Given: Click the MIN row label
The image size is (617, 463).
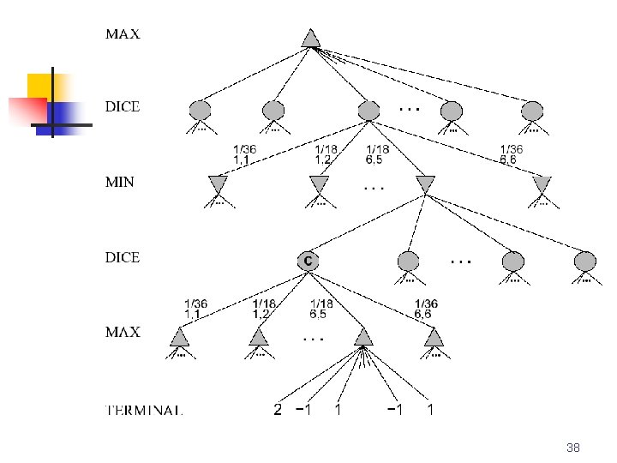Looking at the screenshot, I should click(121, 182).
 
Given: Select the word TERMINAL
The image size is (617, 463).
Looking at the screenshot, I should click(143, 410).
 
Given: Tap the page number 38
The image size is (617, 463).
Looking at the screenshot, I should click(573, 448).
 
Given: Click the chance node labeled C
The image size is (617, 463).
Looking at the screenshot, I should click(308, 260).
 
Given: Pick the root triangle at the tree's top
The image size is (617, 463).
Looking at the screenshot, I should click(310, 39).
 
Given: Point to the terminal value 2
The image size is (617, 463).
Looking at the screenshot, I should click(277, 410).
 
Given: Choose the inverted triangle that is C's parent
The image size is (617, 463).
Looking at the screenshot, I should click(425, 184).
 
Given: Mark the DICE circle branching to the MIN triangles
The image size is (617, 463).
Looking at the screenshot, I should click(368, 110).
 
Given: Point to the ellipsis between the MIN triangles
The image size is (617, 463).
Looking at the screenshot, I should click(374, 187).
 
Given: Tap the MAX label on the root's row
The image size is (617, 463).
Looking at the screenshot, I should click(123, 35).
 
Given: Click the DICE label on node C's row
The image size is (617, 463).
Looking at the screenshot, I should click(123, 257).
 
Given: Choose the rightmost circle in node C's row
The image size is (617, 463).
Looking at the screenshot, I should click(585, 261).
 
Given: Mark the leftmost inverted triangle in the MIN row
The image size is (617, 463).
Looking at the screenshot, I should click(219, 184).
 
